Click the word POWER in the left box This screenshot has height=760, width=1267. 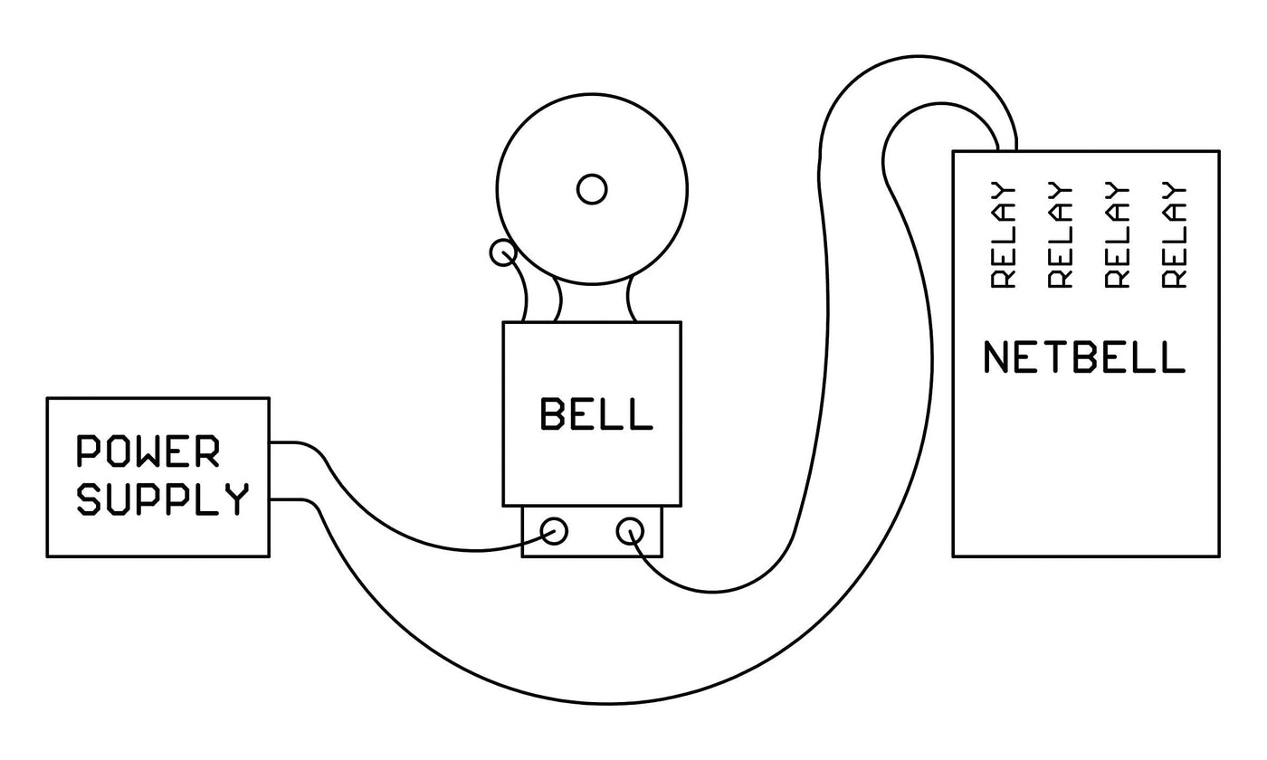(x=148, y=451)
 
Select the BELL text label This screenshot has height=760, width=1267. (x=595, y=414)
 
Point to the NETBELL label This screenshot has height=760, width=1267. (x=1083, y=357)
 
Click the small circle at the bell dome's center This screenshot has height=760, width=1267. (x=592, y=189)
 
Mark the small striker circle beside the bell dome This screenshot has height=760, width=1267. (x=502, y=252)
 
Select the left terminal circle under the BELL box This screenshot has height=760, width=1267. (x=554, y=530)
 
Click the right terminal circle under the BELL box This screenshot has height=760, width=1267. (x=630, y=531)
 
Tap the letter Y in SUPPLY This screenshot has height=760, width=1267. (x=236, y=499)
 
